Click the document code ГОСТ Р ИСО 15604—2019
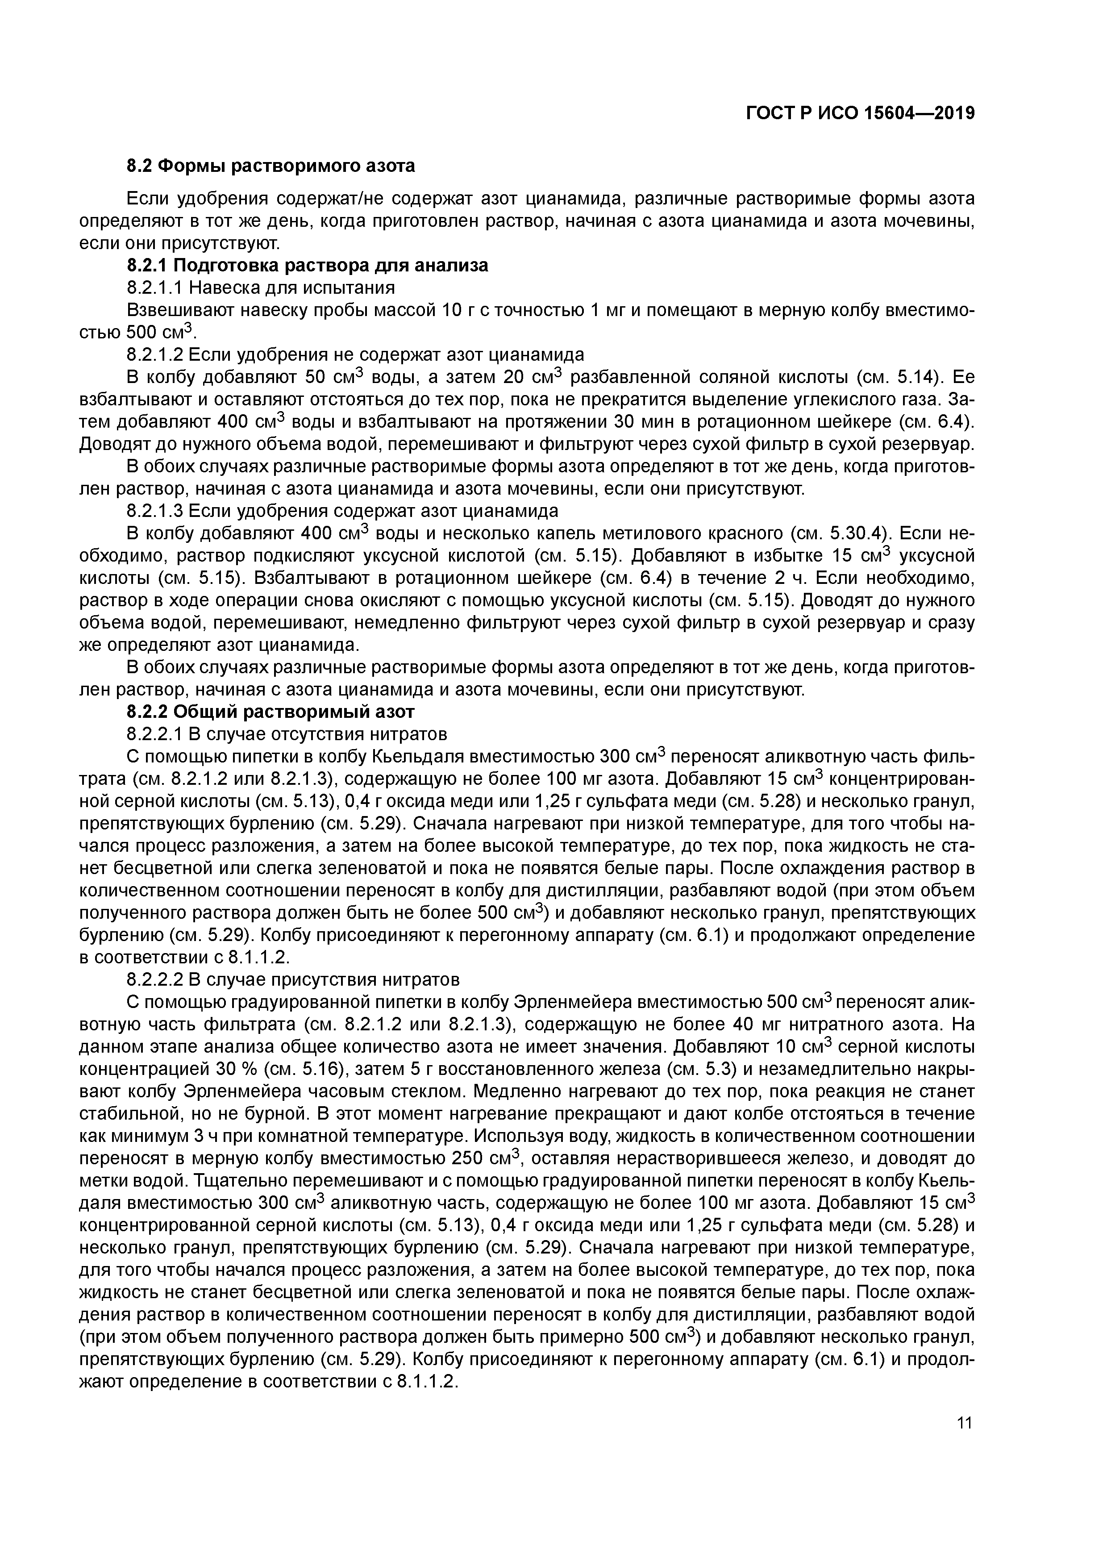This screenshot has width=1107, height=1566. tap(860, 113)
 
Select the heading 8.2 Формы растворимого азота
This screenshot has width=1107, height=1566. tap(271, 166)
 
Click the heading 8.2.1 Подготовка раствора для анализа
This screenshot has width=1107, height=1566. tap(308, 265)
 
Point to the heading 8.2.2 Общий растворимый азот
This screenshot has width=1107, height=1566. tap(271, 712)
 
